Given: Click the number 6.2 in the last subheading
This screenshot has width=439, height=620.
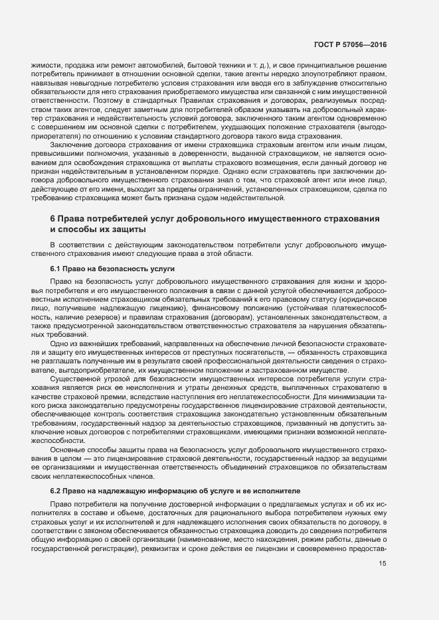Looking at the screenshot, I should click(56, 491).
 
